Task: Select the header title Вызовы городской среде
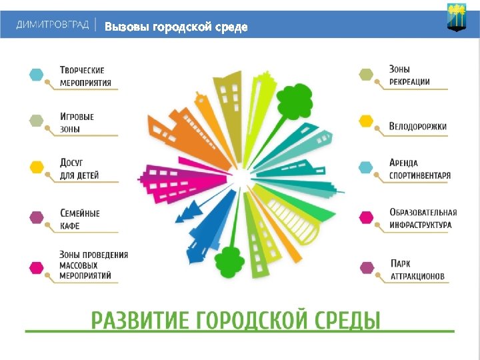click(176, 27)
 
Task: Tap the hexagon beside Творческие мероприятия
click(36, 74)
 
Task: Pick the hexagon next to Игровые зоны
click(36, 121)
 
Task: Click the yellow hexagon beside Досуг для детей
click(36, 167)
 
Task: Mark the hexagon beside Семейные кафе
click(36, 217)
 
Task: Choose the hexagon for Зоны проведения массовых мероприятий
click(36, 268)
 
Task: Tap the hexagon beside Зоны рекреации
click(366, 74)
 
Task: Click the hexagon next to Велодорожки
click(366, 121)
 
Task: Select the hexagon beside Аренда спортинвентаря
click(366, 167)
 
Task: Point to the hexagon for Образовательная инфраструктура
click(366, 217)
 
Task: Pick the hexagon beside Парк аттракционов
click(366, 268)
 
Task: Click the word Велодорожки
click(418, 126)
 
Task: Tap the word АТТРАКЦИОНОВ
click(417, 276)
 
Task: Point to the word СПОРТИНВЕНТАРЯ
click(420, 176)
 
